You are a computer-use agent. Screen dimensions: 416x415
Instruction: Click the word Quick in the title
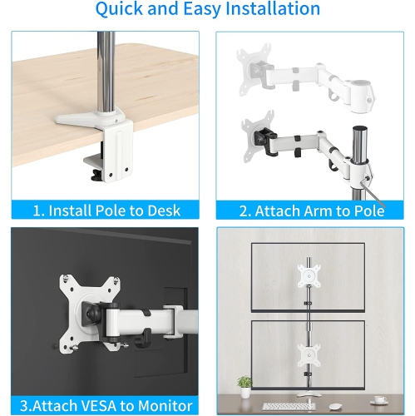(121, 10)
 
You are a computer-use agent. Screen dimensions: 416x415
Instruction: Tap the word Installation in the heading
(265, 10)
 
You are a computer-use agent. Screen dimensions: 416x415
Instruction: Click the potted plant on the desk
(245, 384)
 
